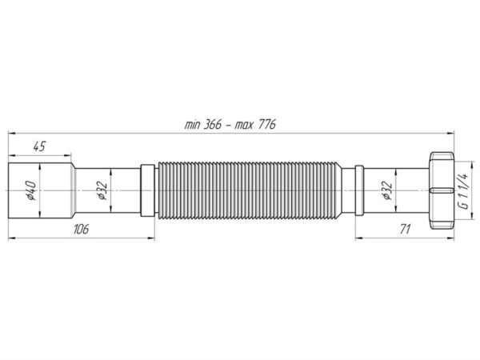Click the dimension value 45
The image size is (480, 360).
pyautogui.click(x=39, y=146)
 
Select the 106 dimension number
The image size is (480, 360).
pyautogui.click(x=81, y=229)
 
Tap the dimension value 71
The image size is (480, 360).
pyautogui.click(x=405, y=229)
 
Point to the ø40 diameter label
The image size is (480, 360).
pyautogui.click(x=31, y=190)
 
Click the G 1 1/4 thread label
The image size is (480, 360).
pyautogui.click(x=464, y=190)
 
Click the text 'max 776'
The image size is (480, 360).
pyautogui.click(x=255, y=125)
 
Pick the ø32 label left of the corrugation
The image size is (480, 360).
pyautogui.click(x=102, y=190)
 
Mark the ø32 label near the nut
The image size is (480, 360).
pyautogui.click(x=387, y=190)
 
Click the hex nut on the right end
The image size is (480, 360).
pyautogui.click(x=442, y=190)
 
